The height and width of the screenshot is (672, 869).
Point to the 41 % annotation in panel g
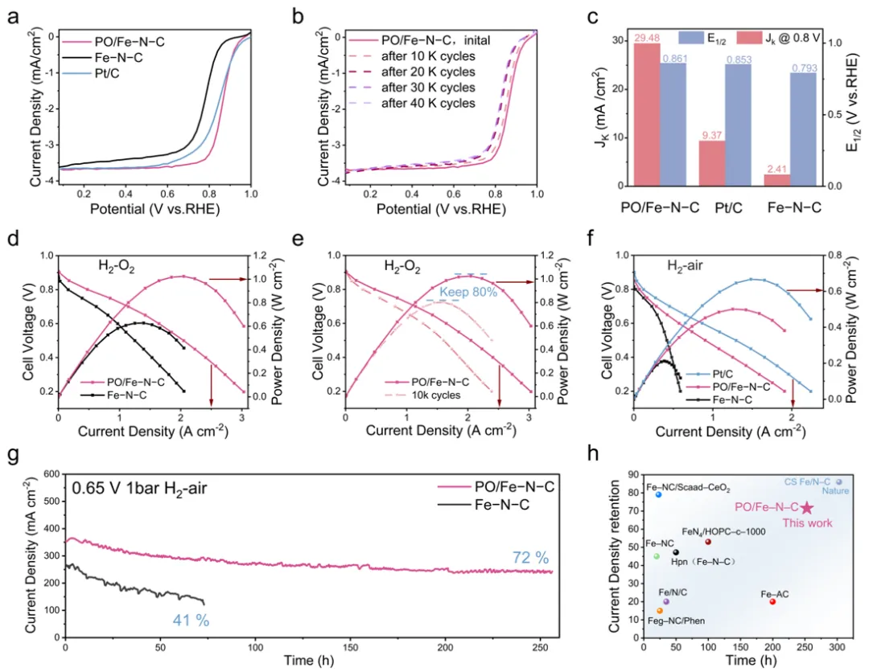point(191,620)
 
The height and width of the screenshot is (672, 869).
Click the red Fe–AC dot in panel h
point(772,601)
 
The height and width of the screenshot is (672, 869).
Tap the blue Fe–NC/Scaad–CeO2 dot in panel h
point(658,494)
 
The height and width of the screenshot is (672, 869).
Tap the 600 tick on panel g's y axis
point(52,474)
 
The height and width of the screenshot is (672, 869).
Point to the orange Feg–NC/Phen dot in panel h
point(660,611)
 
